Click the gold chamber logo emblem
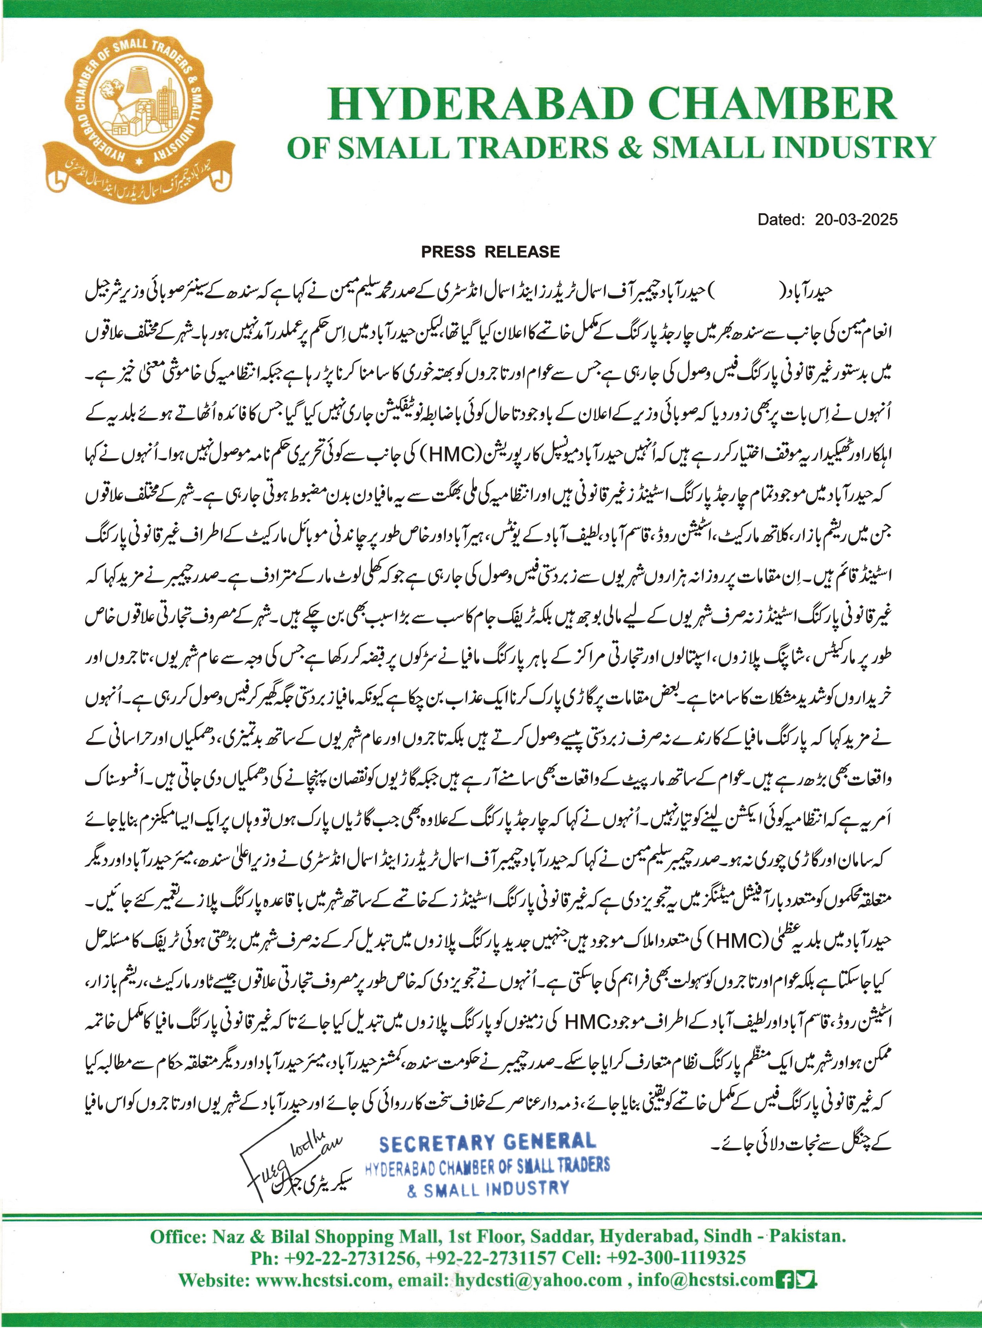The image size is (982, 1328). tap(139, 113)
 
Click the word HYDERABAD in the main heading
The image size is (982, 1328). tap(478, 104)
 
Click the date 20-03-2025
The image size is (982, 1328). tap(856, 220)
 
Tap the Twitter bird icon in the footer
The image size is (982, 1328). tap(807, 1279)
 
